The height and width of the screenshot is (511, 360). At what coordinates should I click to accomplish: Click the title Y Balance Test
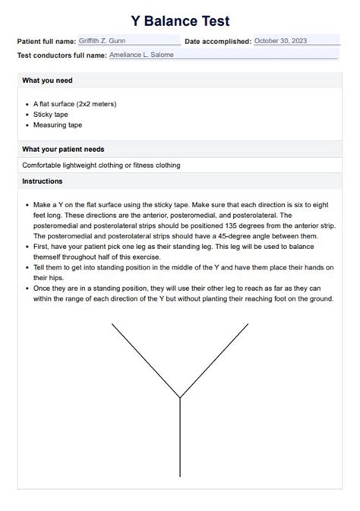(x=180, y=21)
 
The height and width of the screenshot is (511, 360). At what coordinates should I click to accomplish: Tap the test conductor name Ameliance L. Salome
(x=142, y=55)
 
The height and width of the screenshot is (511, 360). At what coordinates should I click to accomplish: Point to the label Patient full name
(x=46, y=41)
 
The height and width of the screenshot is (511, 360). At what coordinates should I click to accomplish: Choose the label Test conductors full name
(x=62, y=55)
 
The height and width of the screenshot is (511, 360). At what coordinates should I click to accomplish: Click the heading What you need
(x=48, y=80)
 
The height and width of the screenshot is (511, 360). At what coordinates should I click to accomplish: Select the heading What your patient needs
(x=63, y=149)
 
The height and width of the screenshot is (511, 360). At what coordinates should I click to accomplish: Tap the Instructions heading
(x=43, y=181)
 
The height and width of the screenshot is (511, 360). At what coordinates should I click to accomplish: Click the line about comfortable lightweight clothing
(x=101, y=165)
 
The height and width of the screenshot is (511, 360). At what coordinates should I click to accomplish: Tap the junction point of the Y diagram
(x=180, y=397)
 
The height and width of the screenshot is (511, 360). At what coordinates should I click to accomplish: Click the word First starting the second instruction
(x=42, y=247)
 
